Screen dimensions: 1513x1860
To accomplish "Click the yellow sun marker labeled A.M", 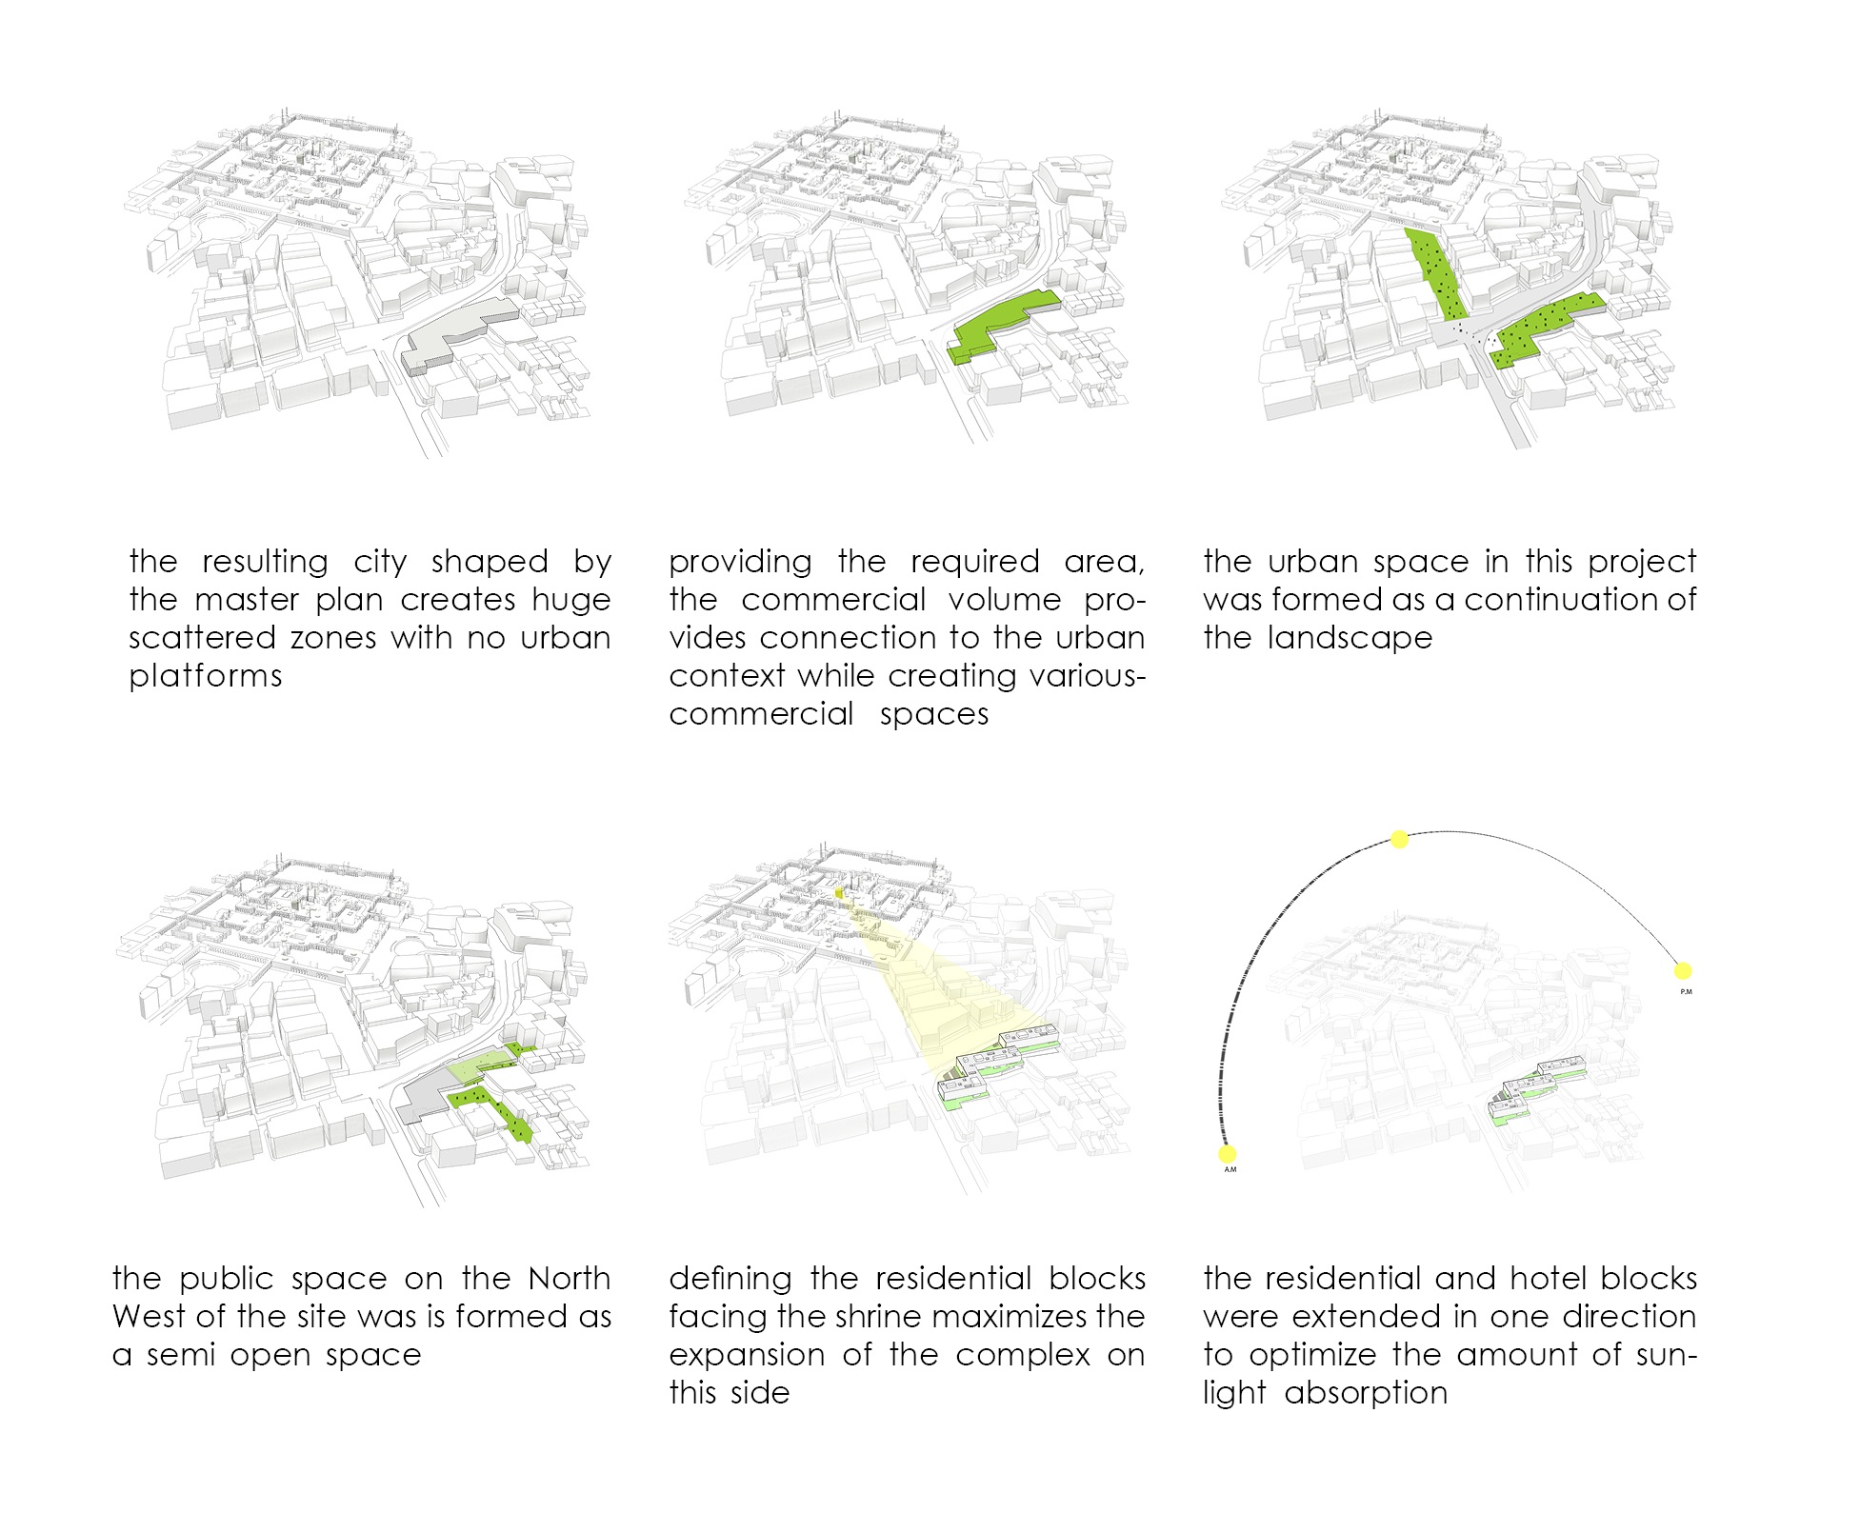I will click(1228, 1154).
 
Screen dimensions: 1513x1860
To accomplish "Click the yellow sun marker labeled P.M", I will click(1683, 971).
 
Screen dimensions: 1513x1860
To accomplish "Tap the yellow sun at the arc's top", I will click(1399, 839).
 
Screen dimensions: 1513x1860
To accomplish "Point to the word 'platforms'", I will click(206, 676).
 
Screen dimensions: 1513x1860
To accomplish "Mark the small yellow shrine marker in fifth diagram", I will click(840, 894).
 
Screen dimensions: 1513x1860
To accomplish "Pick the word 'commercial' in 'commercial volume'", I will click(832, 599).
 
